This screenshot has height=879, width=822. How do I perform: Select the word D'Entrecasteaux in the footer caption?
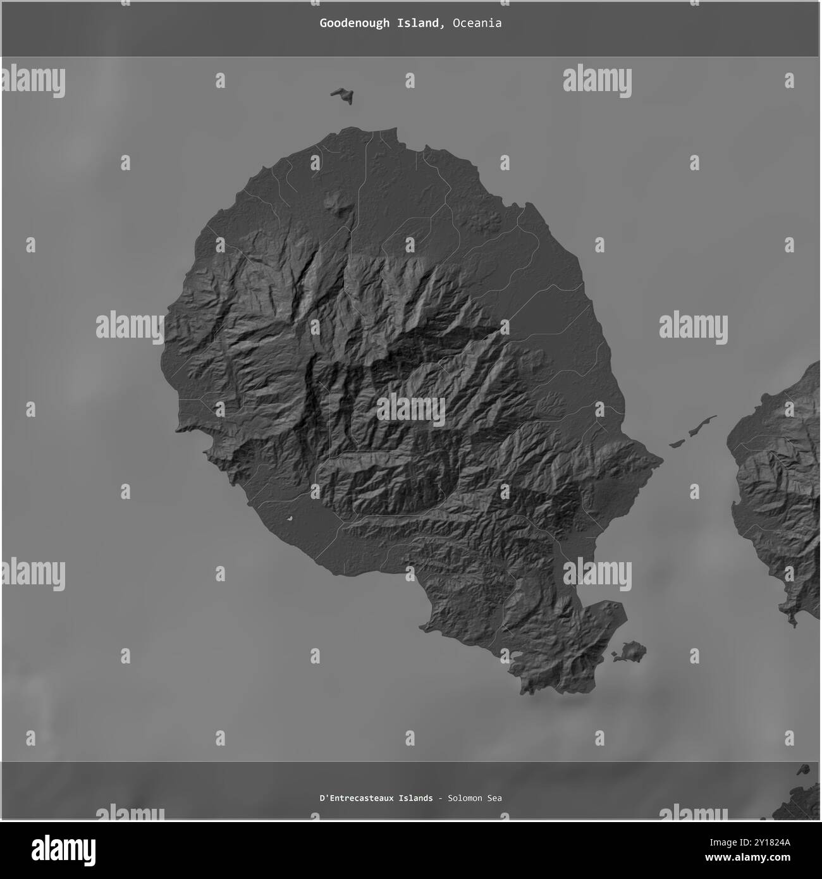pos(354,798)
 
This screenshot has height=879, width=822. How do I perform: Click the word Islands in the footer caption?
pos(415,798)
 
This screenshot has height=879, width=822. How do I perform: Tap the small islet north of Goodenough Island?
pos(342,95)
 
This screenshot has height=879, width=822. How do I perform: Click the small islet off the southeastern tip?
pos(630,651)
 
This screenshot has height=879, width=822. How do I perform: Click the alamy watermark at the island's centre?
pos(411,409)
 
